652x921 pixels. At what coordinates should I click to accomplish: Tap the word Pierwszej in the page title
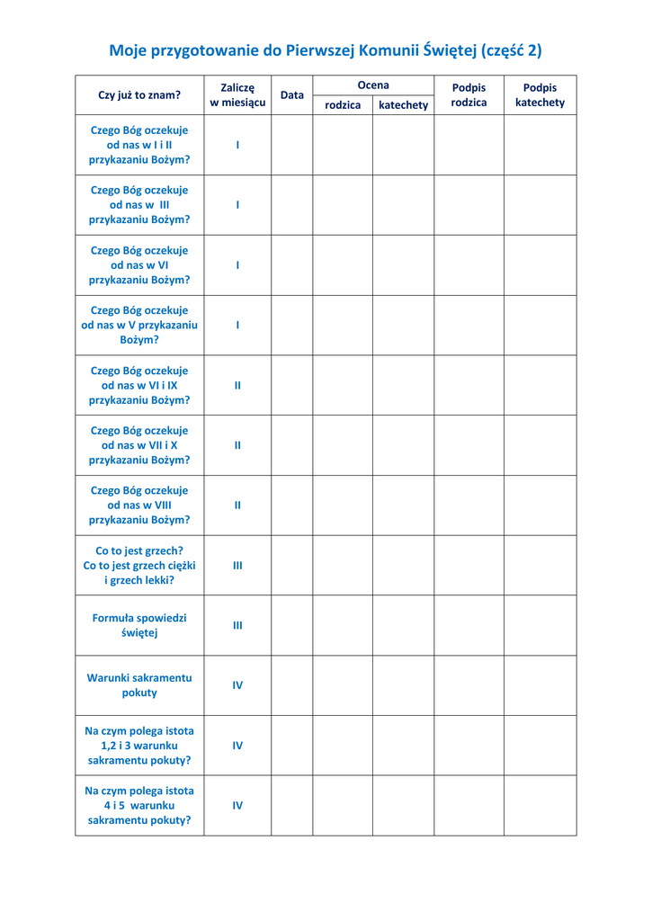[x=318, y=50]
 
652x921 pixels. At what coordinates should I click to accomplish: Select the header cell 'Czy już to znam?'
[x=139, y=94]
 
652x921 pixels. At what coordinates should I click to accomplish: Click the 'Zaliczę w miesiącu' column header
[x=237, y=94]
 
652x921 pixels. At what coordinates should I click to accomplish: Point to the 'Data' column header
[x=291, y=94]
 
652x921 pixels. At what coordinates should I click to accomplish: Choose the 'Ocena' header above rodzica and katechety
[x=373, y=85]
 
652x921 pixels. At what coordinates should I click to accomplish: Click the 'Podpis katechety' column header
[x=540, y=94]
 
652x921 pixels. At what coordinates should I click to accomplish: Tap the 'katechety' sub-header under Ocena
[x=404, y=105]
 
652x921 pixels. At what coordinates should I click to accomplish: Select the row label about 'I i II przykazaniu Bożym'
[x=139, y=145]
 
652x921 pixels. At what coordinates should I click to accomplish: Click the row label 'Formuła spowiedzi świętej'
[x=139, y=625]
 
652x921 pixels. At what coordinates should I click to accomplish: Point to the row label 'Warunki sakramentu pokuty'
[x=139, y=685]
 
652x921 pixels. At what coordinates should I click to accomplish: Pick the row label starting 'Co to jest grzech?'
[x=139, y=565]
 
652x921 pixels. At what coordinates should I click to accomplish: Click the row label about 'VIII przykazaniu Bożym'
[x=139, y=505]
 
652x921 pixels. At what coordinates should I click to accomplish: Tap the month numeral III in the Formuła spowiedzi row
[x=237, y=625]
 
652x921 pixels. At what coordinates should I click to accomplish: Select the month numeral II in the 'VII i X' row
[x=237, y=445]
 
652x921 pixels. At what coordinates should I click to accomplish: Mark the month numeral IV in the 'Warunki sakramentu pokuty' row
[x=237, y=685]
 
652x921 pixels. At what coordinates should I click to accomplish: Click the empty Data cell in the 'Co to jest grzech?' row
[x=291, y=565]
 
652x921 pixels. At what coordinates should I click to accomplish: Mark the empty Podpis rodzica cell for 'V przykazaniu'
[x=469, y=325]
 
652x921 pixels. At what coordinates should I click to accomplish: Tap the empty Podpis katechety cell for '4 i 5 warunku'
[x=540, y=805]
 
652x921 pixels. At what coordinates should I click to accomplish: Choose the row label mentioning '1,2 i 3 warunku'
[x=139, y=746]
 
